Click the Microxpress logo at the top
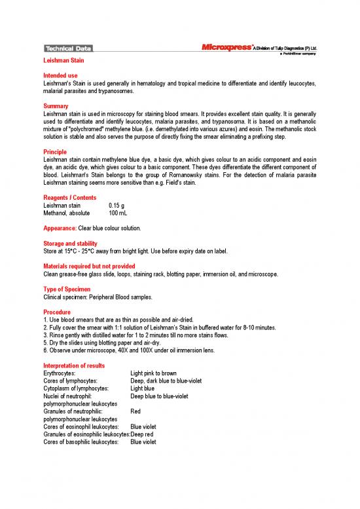225,47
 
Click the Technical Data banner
68,48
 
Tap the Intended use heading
60,76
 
